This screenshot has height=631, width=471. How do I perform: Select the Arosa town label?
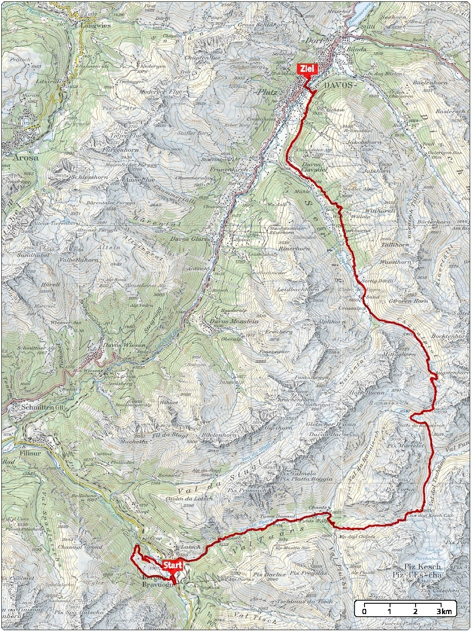click(x=25, y=157)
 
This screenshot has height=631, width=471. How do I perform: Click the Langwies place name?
click(x=95, y=25)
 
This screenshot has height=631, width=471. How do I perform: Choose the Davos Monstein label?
click(x=234, y=321)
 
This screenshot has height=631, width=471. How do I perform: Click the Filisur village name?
click(x=30, y=453)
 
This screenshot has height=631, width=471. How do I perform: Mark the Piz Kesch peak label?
click(x=422, y=566)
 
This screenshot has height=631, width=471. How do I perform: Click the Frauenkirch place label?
click(x=229, y=169)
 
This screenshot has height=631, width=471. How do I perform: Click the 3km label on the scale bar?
click(x=444, y=611)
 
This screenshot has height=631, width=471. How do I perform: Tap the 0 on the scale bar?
click(x=364, y=611)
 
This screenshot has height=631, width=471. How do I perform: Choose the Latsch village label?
click(x=191, y=547)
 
